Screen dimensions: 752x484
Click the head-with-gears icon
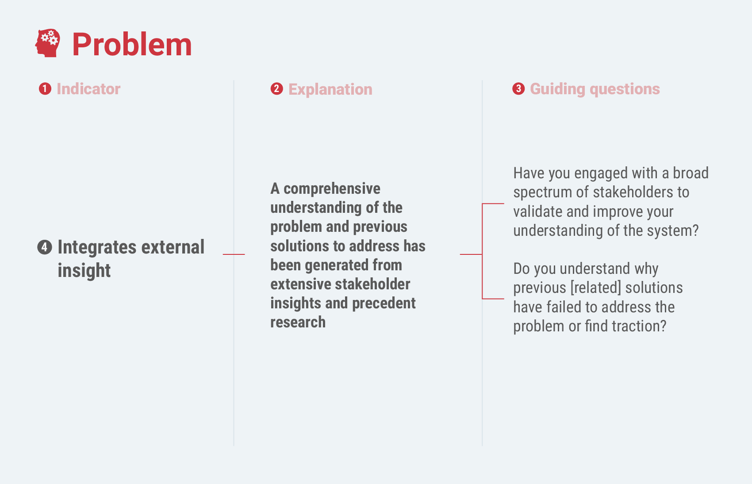[x=48, y=43]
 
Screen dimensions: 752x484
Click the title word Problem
[x=132, y=44]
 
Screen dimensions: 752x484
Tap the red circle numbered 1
[x=45, y=89]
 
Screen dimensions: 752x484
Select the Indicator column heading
[x=88, y=89]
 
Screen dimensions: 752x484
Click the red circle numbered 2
[x=276, y=89]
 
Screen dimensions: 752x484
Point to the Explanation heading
[x=330, y=90]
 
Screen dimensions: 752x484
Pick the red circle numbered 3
[x=518, y=89]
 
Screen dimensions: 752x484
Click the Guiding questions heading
[x=595, y=89]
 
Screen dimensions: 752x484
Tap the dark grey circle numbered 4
[x=45, y=247]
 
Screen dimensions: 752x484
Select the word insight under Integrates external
[x=84, y=270]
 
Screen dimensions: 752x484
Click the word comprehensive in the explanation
[x=332, y=189]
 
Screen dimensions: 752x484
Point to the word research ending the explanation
[x=298, y=322]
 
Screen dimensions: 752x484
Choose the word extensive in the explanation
[x=301, y=284]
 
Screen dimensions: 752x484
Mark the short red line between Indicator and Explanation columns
[x=234, y=254]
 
